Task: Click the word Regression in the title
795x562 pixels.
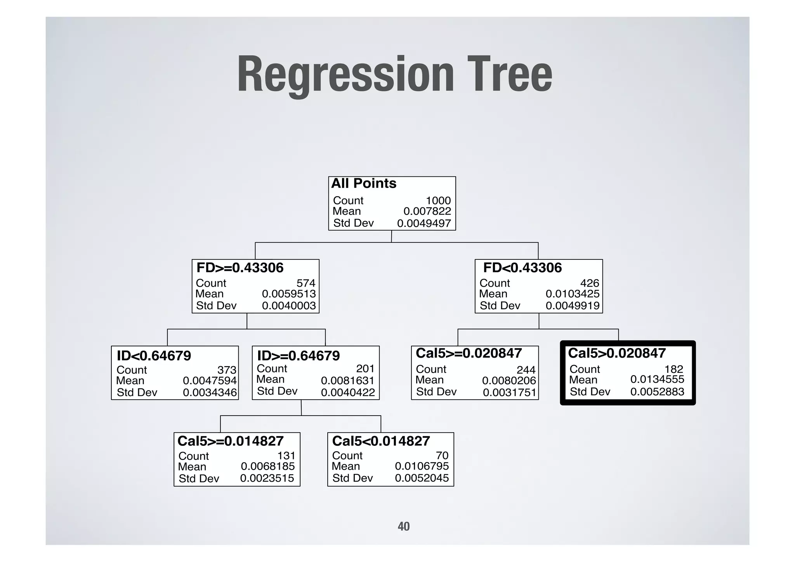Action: [x=345, y=75]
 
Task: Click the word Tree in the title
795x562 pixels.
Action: [x=510, y=75]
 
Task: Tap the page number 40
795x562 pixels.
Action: [x=404, y=526]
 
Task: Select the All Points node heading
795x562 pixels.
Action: [x=364, y=183]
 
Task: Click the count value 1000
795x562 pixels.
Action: [x=438, y=200]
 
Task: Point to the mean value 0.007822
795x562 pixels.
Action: [x=427, y=211]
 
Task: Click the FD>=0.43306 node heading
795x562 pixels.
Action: [x=240, y=268]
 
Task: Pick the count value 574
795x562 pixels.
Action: [x=306, y=283]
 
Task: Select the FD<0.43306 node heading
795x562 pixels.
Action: [x=522, y=268]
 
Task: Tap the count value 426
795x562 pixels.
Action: [x=590, y=283]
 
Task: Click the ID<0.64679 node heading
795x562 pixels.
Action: [x=154, y=356]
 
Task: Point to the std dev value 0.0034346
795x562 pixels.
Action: [x=210, y=393]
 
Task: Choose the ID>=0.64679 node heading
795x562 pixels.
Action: [x=299, y=356]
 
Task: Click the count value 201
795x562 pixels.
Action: [x=365, y=369]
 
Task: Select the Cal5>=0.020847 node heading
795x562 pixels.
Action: [x=469, y=353]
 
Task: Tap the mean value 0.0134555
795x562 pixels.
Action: [x=657, y=379]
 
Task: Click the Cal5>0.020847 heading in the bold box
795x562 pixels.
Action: [x=617, y=353]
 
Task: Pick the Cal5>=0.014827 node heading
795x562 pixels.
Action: [x=231, y=441]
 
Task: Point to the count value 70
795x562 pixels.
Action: [x=442, y=456]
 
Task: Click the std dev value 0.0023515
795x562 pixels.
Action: [x=267, y=478]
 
